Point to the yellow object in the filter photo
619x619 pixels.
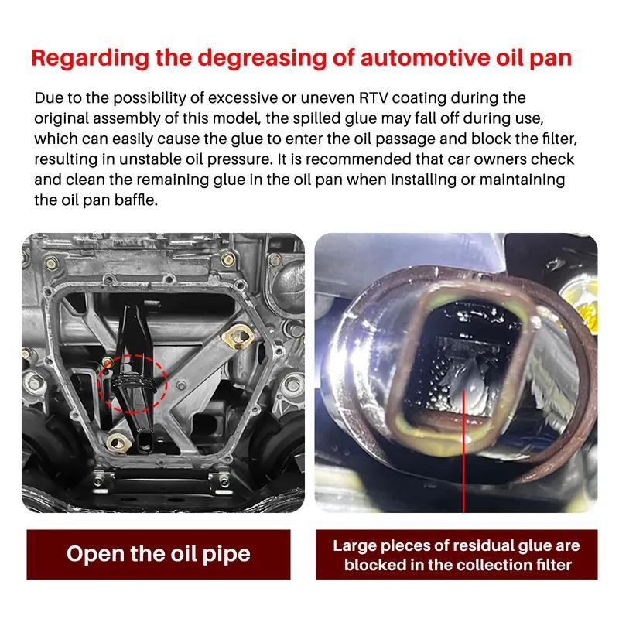tap(583, 303)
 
